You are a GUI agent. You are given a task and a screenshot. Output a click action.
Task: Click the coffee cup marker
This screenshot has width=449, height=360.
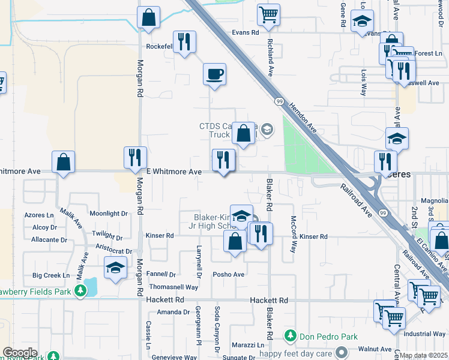[x=214, y=74]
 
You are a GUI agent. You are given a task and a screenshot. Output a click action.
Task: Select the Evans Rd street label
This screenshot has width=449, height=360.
[x=246, y=32]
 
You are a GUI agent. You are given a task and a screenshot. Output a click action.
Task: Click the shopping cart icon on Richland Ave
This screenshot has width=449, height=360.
[x=268, y=14]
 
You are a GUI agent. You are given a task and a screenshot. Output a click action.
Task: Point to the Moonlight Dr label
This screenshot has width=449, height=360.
[x=109, y=214]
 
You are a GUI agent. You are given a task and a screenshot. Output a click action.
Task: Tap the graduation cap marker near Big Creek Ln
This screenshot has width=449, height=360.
[x=115, y=268]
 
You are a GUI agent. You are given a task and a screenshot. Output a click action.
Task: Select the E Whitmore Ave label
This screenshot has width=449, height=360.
[x=176, y=172]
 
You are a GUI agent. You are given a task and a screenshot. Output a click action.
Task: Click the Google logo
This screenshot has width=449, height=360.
[x=20, y=352]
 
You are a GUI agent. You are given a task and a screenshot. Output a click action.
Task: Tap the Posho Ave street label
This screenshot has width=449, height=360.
[x=229, y=275]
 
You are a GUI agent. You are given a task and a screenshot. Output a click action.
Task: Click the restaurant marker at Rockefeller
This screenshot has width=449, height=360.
[x=185, y=41]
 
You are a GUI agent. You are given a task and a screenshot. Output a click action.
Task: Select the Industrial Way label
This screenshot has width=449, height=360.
[x=424, y=334]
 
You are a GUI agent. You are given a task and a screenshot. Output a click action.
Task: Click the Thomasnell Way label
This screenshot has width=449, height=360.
[x=173, y=287]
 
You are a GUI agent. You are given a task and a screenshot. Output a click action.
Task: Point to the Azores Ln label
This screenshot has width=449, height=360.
[x=40, y=215]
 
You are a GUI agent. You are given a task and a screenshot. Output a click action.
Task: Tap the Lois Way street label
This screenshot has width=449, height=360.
[x=364, y=82]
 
